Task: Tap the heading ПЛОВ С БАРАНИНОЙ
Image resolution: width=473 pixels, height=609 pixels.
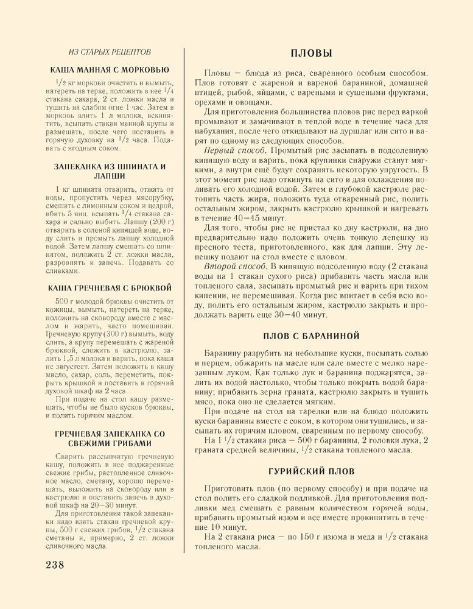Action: point(311,336)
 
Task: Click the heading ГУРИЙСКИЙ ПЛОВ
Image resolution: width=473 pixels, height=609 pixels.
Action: point(311,454)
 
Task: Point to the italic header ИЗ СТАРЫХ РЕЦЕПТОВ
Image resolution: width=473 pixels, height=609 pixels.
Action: point(110,52)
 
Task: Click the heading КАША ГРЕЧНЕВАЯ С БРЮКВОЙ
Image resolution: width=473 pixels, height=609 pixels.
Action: point(110,287)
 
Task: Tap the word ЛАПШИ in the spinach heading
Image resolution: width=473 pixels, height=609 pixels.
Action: point(110,176)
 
